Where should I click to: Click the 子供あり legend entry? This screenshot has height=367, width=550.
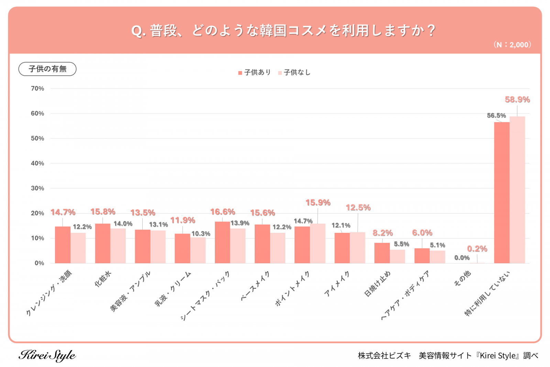255,73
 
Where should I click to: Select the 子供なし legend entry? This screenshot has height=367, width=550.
295,73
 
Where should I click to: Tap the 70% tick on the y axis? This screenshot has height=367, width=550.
37,88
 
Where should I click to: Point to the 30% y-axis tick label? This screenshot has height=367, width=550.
37,188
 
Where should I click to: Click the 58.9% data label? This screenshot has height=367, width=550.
517,100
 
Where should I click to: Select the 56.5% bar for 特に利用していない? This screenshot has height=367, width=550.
502,193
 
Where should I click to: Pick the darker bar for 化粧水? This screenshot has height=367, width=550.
102,244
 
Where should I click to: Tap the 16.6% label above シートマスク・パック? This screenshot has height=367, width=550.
222,212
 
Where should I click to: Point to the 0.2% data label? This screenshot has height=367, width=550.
477,249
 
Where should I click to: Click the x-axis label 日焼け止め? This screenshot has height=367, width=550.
377,284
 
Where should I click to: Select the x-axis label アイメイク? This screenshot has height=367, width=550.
337,284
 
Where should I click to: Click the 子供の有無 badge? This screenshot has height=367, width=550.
47,69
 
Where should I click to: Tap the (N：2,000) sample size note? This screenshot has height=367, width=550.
512,45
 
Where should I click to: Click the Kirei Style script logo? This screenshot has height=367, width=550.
47,355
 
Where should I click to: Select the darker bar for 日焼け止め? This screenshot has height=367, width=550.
382,253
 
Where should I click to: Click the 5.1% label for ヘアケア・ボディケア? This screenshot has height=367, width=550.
437,245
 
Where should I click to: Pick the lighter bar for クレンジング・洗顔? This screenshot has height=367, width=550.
78,248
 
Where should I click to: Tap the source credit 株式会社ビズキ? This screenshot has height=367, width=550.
384,356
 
